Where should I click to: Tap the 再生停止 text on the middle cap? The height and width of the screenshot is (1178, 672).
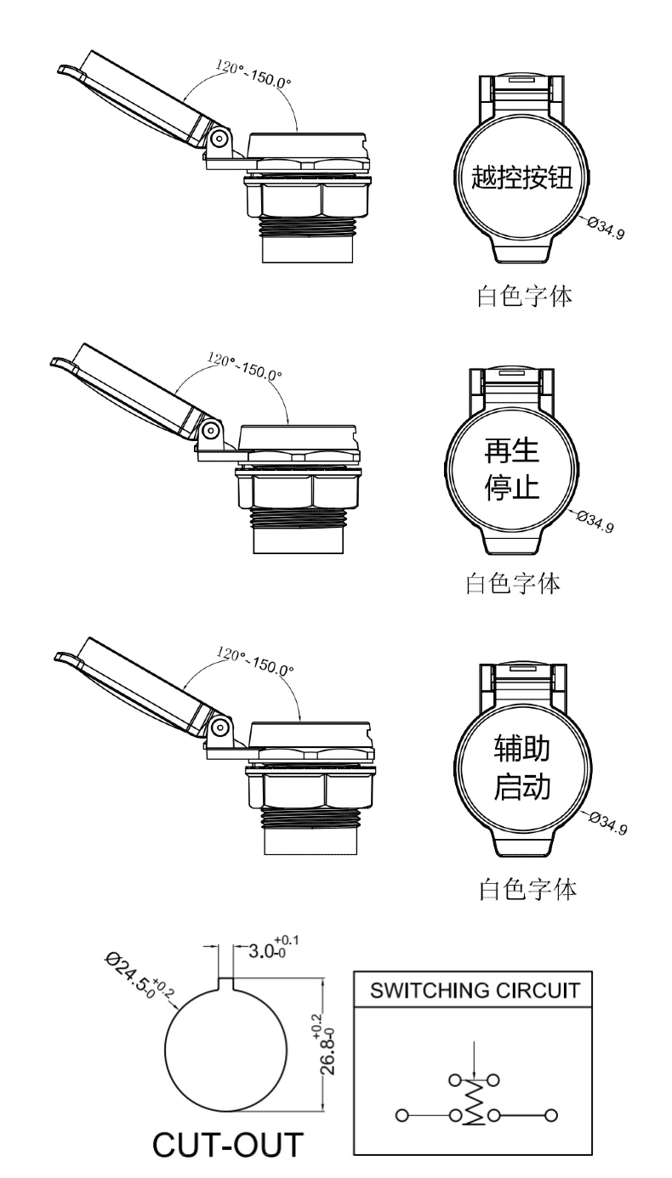511,470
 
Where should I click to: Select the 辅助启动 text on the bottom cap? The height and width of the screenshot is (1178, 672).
521,767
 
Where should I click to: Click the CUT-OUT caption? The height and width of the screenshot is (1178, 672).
228,1144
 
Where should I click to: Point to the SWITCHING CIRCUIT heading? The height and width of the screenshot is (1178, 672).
475,990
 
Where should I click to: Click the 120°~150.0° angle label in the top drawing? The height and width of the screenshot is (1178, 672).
253,74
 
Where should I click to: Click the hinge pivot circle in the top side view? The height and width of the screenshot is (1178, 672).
219,139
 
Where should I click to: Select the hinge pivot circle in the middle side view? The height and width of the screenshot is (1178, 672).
211,431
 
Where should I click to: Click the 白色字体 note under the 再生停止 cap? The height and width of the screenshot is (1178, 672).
513,584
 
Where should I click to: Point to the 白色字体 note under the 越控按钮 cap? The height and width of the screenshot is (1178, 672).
525,296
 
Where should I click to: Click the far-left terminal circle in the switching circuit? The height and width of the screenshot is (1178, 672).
401,1111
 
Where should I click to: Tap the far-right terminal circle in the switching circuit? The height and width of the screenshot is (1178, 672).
551,1111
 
